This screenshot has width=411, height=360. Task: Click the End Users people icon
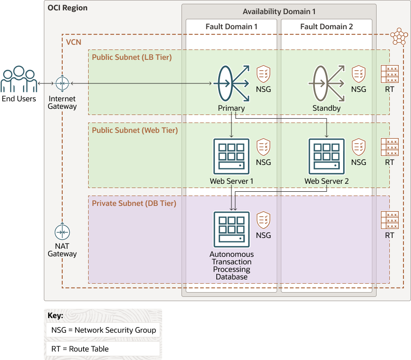[x=19, y=80]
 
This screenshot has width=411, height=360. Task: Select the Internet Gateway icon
[x=62, y=83]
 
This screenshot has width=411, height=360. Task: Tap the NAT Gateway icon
[x=62, y=232]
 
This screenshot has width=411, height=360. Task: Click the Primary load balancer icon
[x=231, y=83]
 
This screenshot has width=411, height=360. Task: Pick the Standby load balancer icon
[x=326, y=83]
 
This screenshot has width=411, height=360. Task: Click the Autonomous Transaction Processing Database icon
[x=231, y=229]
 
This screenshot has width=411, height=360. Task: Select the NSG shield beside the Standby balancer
[x=359, y=74]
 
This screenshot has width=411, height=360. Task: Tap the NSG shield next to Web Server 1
[x=263, y=147]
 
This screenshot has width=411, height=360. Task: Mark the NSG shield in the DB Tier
[x=263, y=220]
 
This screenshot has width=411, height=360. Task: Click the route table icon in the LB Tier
[x=389, y=74]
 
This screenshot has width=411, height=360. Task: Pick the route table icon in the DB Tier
[x=389, y=220]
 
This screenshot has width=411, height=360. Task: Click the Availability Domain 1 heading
[x=279, y=11]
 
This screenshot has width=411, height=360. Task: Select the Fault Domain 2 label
[x=327, y=27]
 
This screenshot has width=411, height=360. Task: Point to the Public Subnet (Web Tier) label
[x=135, y=131]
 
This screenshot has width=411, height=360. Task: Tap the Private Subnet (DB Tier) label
[x=134, y=204]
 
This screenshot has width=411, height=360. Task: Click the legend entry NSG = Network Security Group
[x=104, y=330]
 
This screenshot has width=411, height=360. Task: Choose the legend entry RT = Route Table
[x=80, y=349]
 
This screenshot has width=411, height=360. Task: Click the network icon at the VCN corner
[x=399, y=36]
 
